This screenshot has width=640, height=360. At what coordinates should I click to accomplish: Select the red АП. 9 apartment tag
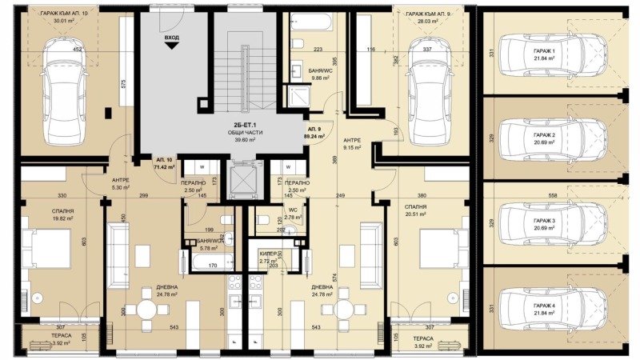point(314,132)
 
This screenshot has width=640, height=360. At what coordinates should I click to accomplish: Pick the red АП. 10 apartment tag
point(165,164)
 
